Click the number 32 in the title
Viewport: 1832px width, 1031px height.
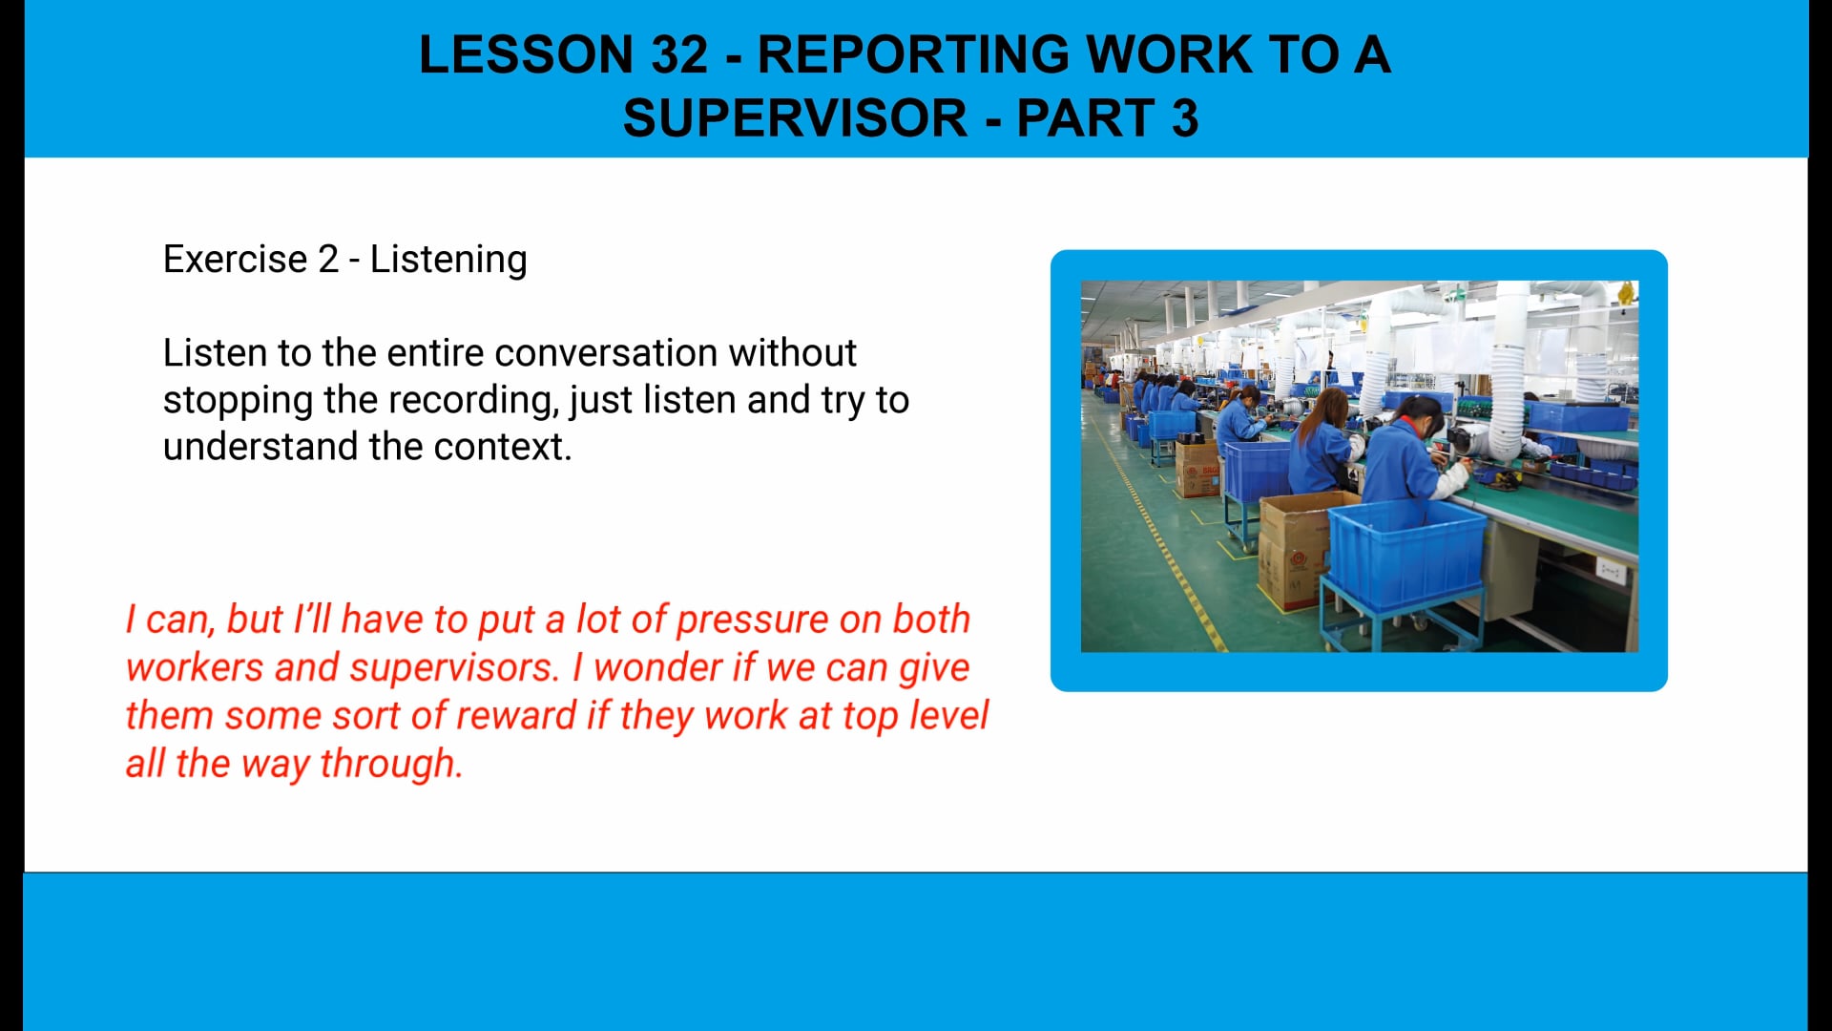679,54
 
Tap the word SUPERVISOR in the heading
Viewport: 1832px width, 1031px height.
795,118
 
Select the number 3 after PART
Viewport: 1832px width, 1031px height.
1184,118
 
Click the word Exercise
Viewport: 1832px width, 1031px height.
235,260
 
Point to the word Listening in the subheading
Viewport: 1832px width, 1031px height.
448,260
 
